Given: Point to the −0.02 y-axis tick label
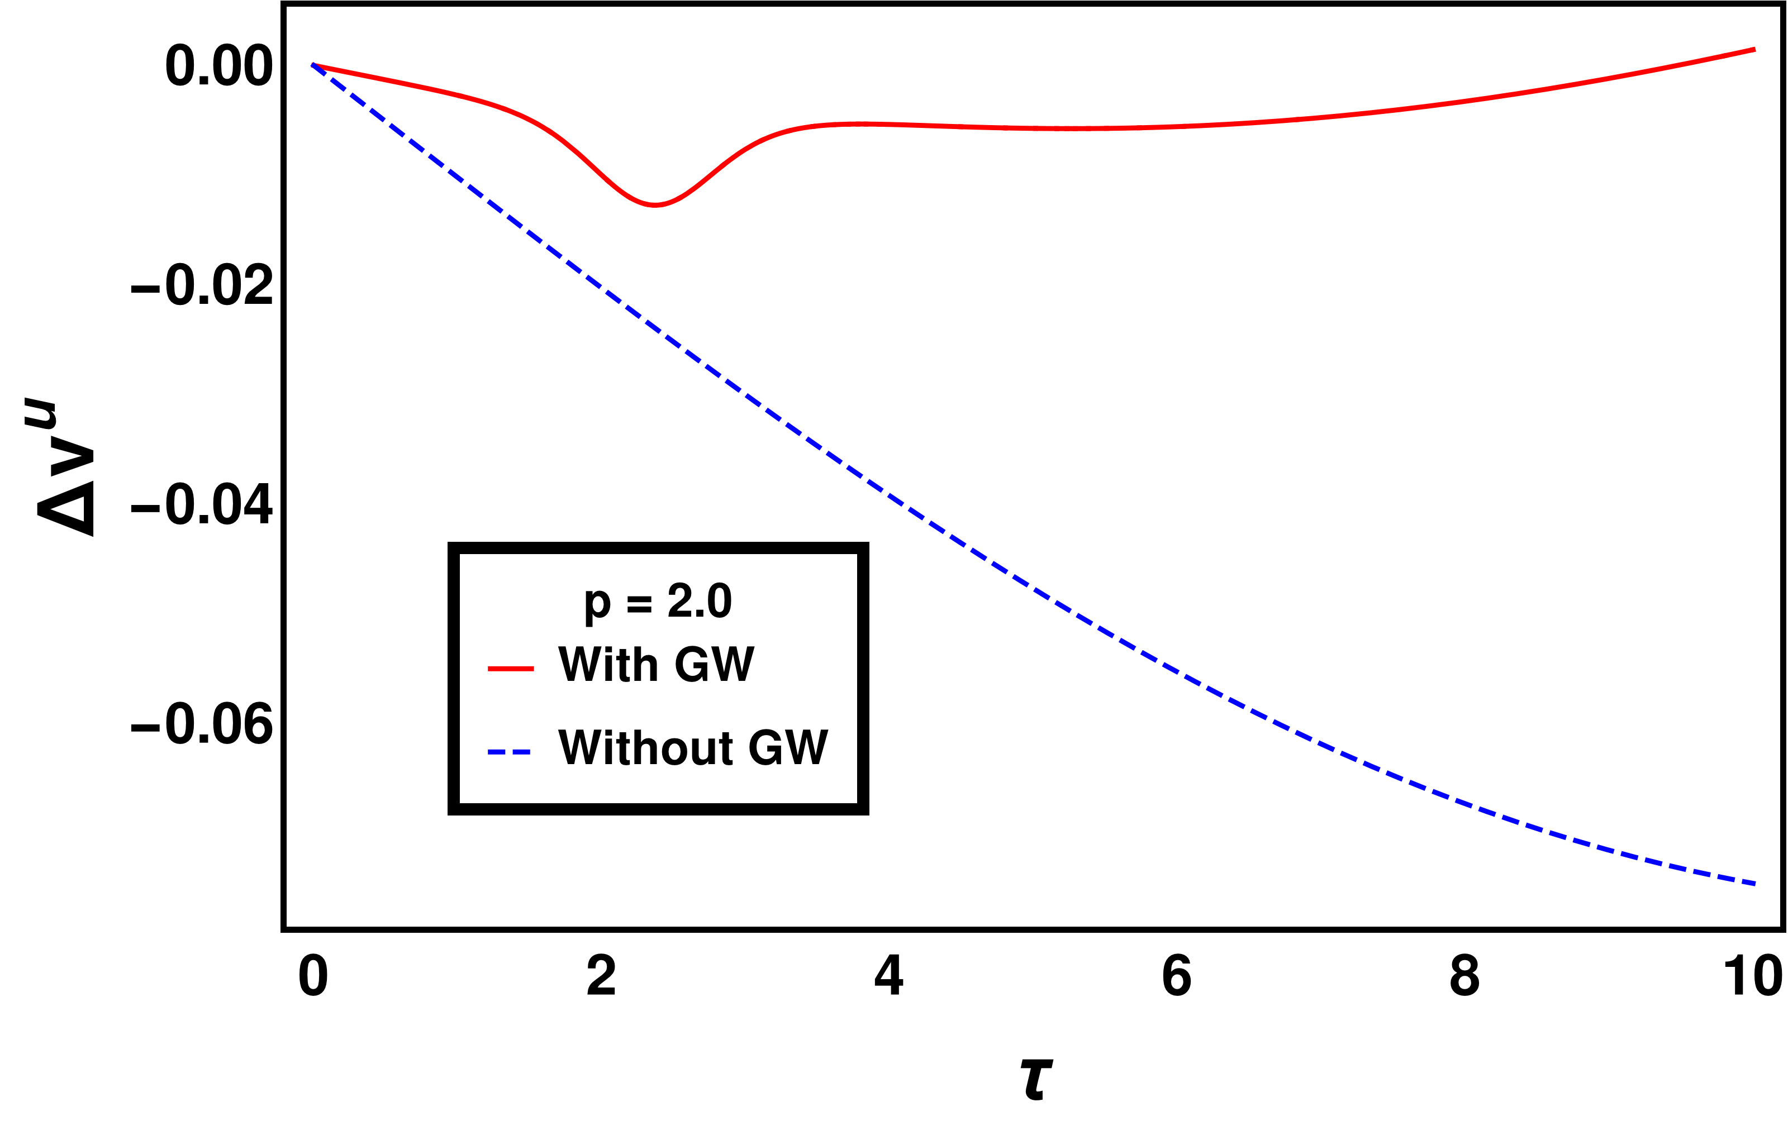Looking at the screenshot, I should click(202, 286).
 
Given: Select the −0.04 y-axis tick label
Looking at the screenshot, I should click(202, 505).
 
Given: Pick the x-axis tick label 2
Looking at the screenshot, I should click(601, 977).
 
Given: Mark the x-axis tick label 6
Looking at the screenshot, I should click(1176, 977).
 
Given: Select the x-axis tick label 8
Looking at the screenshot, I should click(1464, 977).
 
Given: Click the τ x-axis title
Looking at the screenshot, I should click(1036, 1078).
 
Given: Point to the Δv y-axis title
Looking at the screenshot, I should click(65, 468).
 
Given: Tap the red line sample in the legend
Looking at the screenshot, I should click(511, 669).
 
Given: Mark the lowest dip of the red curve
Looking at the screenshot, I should click(655, 205).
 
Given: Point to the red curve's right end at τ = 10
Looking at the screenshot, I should click(1754, 50).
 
